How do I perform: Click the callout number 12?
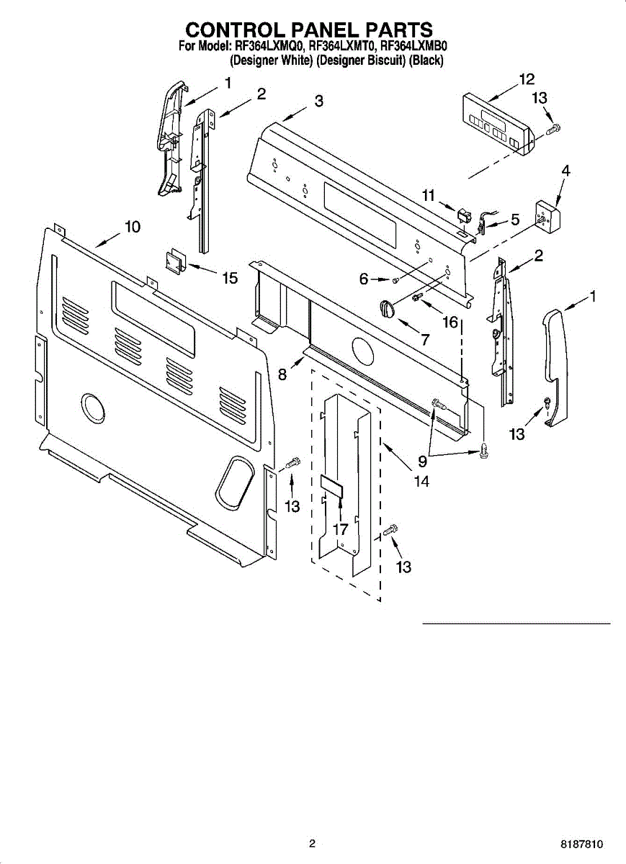[x=527, y=79]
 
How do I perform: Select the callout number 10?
[x=131, y=227]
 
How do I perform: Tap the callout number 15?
[x=229, y=278]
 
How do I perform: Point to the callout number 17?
[x=340, y=529]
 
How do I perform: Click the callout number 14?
[x=421, y=482]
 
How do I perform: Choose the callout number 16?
[x=451, y=322]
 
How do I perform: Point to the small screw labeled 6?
[x=395, y=279]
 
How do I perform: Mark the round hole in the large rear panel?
[x=92, y=408]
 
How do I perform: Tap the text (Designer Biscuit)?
[x=362, y=61]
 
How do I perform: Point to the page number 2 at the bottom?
[x=312, y=844]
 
